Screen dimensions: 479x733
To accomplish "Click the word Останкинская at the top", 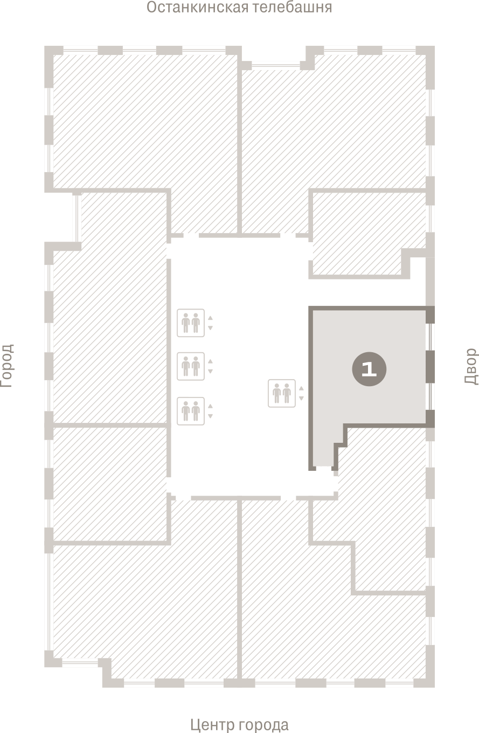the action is [197, 7].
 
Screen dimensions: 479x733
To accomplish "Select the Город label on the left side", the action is [6, 366].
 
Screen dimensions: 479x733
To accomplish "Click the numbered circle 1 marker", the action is [369, 369].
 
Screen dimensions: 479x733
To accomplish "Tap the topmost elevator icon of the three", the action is [191, 323].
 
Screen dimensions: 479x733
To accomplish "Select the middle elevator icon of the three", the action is [191, 366].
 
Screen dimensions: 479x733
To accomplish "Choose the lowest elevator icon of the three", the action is [191, 411].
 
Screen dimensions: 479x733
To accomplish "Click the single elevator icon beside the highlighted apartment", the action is [281, 393].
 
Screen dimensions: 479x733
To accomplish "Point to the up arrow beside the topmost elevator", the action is [210, 318].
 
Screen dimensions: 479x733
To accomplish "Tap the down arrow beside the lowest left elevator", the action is [210, 416].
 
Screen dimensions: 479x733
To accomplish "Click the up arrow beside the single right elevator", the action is [301, 388].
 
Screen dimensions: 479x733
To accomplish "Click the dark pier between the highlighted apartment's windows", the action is [430, 367].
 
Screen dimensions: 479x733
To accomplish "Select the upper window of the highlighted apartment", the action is [430, 337].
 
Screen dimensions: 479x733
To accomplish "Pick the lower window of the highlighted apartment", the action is [430, 396].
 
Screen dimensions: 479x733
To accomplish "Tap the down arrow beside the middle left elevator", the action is [210, 372].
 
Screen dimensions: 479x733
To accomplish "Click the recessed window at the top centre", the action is [276, 66].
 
